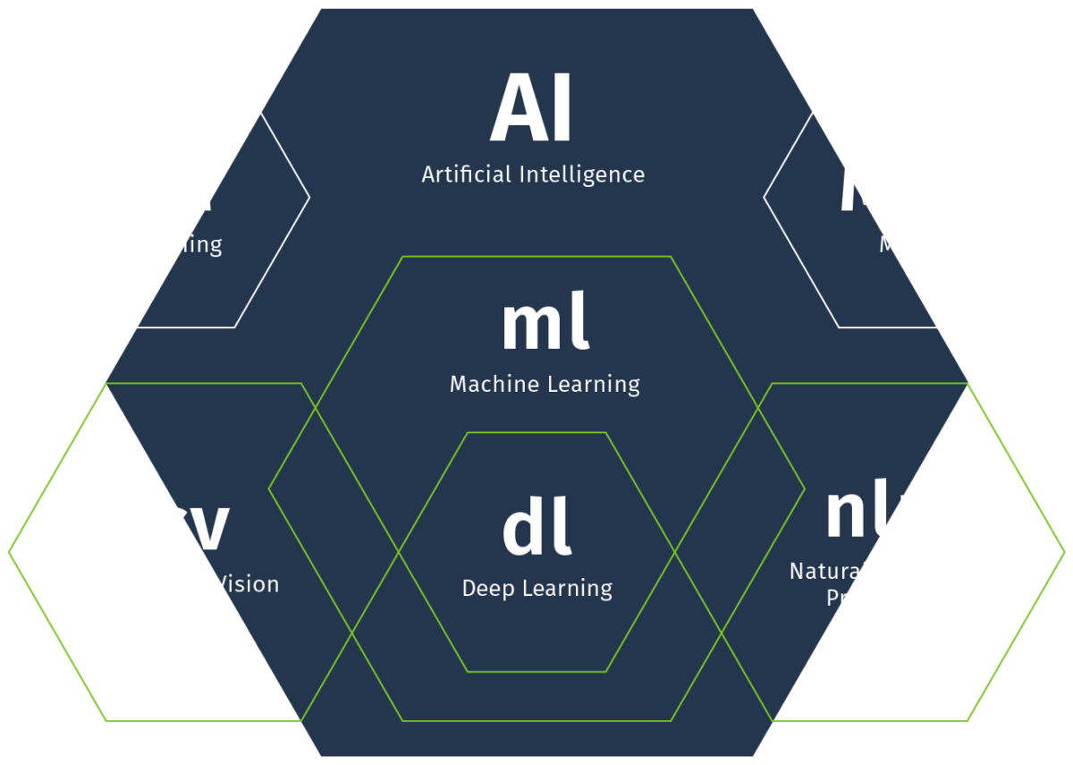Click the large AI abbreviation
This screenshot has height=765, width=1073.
(x=531, y=111)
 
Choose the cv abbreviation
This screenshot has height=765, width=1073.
(x=190, y=528)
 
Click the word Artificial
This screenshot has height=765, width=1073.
(x=467, y=174)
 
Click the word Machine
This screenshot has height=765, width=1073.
(x=489, y=385)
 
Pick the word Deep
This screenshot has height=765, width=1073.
(x=488, y=589)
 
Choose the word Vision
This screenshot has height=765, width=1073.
(x=247, y=584)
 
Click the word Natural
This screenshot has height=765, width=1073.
(x=828, y=571)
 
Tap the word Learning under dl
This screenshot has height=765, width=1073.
(x=569, y=589)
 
